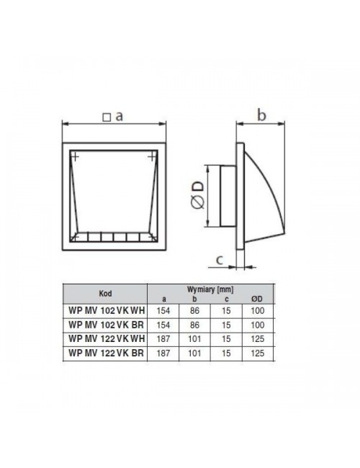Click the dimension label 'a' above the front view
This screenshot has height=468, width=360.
119,117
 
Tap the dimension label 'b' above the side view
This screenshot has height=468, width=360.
261,115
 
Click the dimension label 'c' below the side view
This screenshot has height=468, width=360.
220,260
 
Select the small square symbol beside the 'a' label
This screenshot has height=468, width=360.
107,117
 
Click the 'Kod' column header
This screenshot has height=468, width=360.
105,293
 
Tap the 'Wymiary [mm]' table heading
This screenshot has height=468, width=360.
210,289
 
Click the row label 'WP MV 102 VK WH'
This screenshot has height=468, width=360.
107,310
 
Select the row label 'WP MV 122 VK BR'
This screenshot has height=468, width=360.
106,353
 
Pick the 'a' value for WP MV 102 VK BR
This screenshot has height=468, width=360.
163,325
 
